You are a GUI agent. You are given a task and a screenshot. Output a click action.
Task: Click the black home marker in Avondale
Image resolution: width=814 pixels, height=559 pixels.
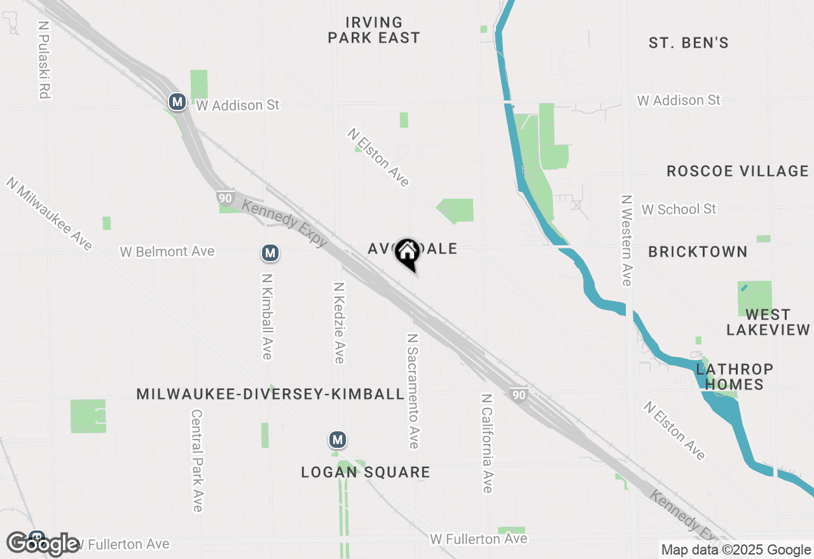point(407,253)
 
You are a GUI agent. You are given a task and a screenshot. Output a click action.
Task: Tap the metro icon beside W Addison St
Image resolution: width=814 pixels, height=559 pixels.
point(177,102)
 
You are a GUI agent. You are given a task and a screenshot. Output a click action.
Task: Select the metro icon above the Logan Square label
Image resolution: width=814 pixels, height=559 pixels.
point(337,440)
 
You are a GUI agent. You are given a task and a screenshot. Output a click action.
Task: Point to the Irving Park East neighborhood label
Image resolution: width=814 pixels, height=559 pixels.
point(374,30)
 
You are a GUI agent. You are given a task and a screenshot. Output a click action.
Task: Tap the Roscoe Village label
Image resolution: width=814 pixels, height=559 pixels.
point(737,171)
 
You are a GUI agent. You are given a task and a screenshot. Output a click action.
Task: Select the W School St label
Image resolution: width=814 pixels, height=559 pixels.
point(679,209)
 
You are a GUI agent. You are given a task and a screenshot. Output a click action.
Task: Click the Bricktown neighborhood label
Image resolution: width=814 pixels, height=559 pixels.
point(698,252)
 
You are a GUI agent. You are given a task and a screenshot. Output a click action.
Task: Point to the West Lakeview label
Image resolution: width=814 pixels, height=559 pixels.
point(768,322)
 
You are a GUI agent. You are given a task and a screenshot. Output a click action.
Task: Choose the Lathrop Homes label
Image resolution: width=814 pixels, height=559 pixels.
point(735,377)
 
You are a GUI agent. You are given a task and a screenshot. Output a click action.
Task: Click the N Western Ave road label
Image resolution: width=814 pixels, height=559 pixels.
point(626,240)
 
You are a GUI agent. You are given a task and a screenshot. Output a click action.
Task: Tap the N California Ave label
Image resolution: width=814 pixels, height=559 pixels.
point(486,443)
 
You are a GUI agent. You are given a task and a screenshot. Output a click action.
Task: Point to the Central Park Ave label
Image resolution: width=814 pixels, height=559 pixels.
point(197,460)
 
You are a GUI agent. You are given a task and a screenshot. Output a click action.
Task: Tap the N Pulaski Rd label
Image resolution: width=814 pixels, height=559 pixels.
point(44,60)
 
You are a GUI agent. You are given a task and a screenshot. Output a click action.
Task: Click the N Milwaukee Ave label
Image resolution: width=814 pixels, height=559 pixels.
point(50,213)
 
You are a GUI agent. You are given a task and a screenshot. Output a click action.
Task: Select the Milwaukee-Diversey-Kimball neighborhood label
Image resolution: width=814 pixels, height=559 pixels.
point(270,394)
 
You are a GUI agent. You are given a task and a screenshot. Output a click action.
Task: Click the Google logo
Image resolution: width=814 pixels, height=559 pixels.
point(43,544)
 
